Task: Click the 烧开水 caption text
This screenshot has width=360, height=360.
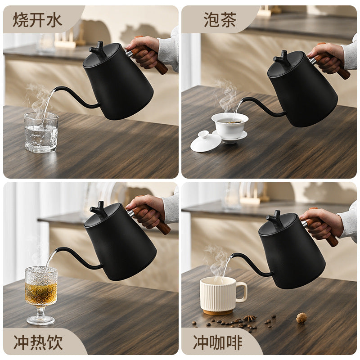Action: tap(37, 20)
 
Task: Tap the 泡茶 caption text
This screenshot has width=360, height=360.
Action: tap(220, 20)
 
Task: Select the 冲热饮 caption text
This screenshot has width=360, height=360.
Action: tap(38, 342)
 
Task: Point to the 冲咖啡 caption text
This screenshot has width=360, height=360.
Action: tap(217, 342)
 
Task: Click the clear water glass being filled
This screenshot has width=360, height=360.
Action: tap(41, 132)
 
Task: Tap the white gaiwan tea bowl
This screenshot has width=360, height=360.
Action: tap(230, 127)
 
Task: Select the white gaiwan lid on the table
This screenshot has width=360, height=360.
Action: tap(206, 141)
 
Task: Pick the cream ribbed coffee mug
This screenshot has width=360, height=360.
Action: tap(222, 294)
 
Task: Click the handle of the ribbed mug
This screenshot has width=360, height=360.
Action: tap(242, 292)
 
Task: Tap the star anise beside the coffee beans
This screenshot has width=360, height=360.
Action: tap(250, 318)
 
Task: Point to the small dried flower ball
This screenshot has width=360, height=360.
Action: tap(301, 318)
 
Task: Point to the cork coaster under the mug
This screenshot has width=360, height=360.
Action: tap(218, 312)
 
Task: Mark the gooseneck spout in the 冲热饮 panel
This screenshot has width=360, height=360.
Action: tap(78, 257)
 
